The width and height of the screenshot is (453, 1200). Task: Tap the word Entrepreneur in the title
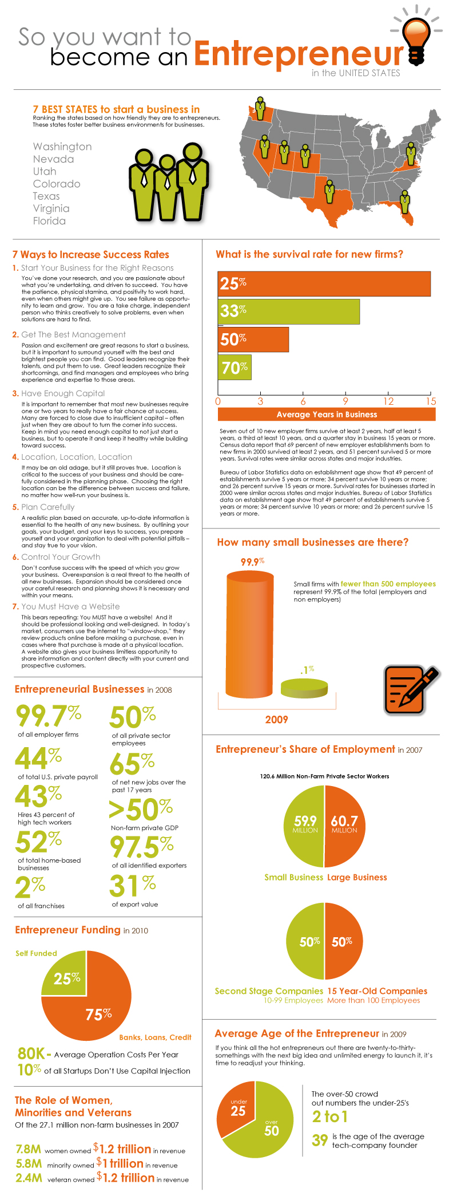click(299, 54)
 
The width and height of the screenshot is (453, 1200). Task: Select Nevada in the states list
click(53, 159)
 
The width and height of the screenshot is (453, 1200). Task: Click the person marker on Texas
click(329, 191)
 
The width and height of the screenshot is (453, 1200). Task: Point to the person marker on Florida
click(405, 200)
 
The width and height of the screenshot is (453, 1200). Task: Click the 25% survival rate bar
click(324, 283)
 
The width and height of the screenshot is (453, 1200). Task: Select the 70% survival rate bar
click(235, 367)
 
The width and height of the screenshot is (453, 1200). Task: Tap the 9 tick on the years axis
click(345, 401)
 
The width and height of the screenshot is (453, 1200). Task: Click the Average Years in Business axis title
click(327, 415)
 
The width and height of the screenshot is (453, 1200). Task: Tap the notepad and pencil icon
click(410, 689)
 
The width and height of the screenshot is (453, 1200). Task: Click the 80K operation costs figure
click(31, 1053)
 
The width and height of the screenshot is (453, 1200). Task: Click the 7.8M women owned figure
click(28, 1148)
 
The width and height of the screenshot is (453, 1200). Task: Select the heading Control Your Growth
click(61, 557)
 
